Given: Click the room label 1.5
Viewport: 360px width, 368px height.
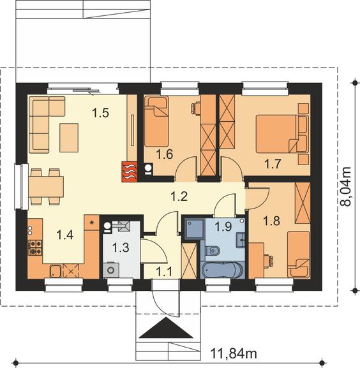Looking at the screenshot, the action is point(100,113).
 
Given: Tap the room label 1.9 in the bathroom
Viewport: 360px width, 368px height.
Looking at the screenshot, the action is point(223,226).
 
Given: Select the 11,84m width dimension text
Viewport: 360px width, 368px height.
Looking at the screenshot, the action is point(234,353).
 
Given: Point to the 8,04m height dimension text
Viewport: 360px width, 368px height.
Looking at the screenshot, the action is point(346,187).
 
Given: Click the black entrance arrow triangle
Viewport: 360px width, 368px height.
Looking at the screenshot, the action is point(166,328).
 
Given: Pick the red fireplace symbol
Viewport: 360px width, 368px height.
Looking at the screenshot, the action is point(130,172).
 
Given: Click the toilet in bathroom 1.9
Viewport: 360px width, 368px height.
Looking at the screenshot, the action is point(213,251).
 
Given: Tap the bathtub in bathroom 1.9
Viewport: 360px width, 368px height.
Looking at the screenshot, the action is point(222,270).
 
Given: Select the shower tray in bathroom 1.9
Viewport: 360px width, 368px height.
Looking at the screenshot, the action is point(195,228).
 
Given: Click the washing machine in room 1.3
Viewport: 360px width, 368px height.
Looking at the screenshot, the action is point(111,270).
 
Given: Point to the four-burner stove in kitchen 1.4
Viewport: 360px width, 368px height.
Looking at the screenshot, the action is point(35,247).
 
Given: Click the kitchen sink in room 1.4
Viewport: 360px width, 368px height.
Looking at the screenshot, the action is point(56,270).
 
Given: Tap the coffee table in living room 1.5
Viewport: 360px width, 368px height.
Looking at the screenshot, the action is point(69,138).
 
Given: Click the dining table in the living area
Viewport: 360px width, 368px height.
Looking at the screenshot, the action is point(46,187).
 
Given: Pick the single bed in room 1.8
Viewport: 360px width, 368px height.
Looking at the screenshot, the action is point(299,254).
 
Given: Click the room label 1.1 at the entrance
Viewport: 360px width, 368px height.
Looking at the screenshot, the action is point(164,272).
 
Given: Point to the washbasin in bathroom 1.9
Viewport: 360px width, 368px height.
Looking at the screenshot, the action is point(241,240).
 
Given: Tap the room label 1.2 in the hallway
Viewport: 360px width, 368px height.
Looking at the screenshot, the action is point(179,196).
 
